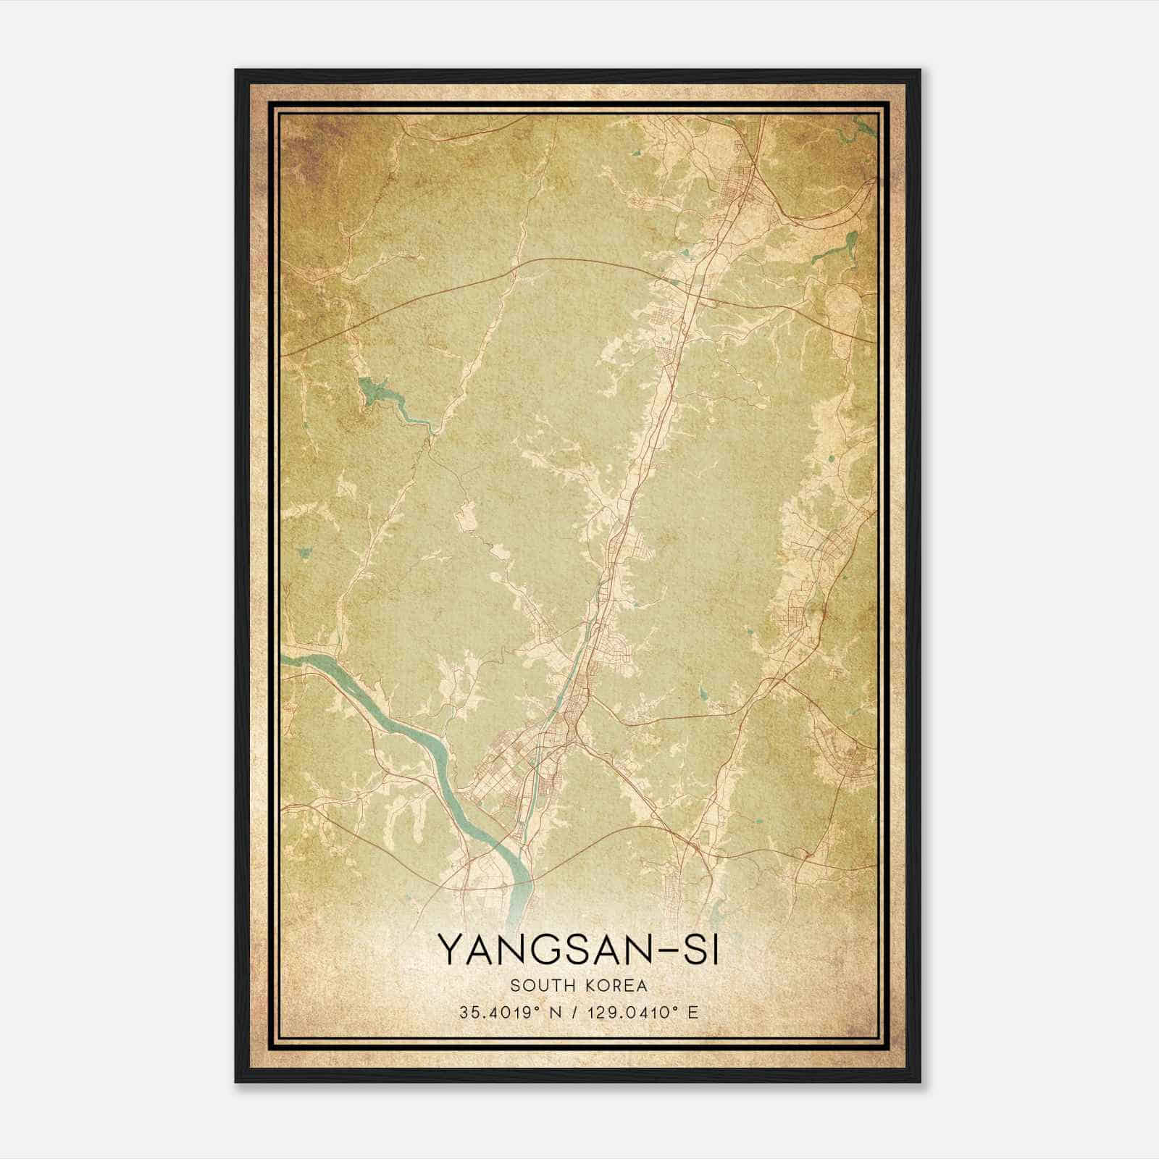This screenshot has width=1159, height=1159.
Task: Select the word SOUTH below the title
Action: click(x=540, y=985)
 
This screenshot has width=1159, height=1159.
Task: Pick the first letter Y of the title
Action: click(x=450, y=950)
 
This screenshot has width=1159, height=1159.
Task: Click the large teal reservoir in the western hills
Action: click(x=376, y=392)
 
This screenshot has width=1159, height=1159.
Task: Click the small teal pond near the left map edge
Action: click(x=305, y=553)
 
